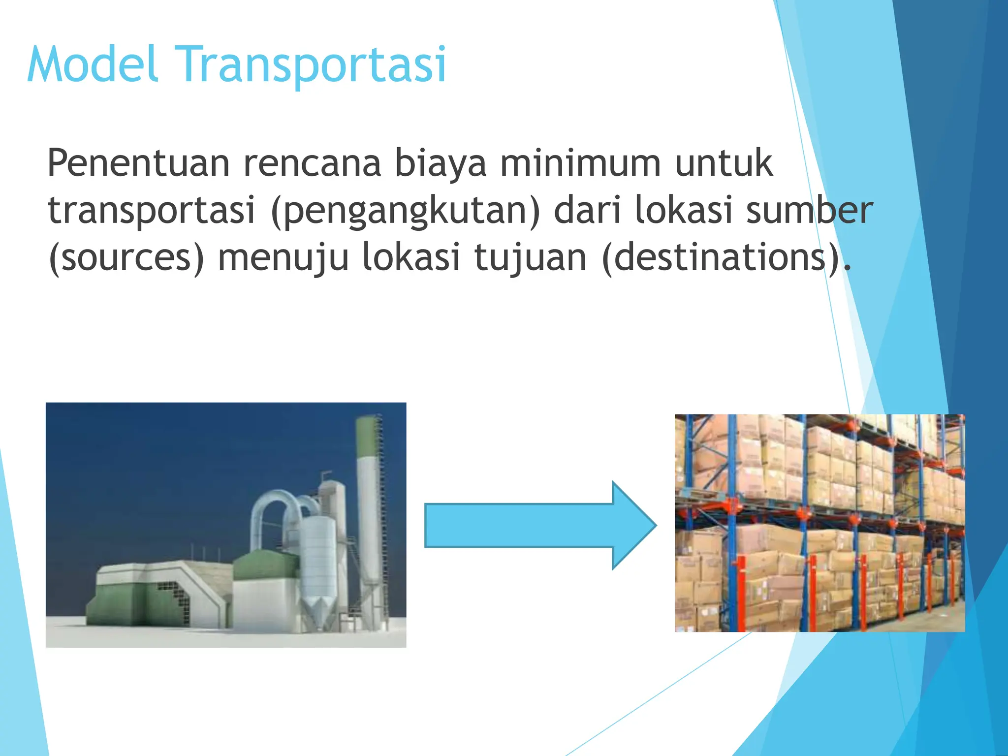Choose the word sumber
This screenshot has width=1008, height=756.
click(809, 210)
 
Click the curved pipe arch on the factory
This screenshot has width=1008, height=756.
click(276, 507)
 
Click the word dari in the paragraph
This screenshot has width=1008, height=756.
click(588, 210)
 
